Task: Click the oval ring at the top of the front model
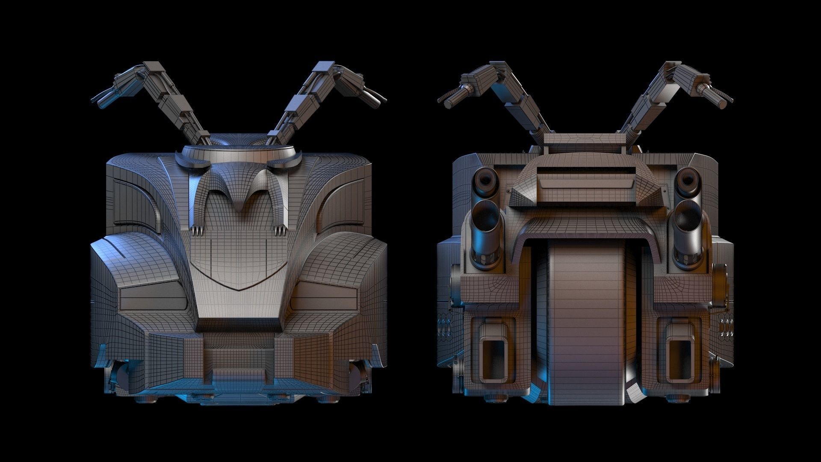pyautogui.click(x=239, y=152)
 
